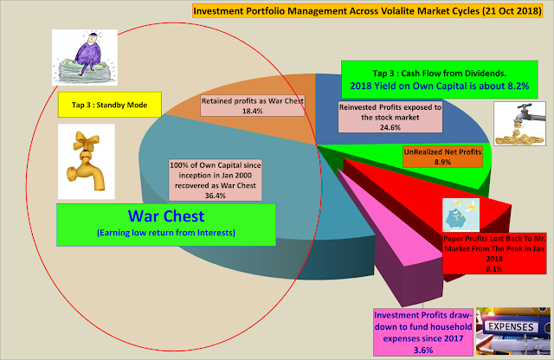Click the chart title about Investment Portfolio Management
[367, 10]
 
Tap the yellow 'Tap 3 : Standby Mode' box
[110, 105]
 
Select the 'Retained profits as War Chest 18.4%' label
[253, 106]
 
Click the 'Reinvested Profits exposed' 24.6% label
[390, 117]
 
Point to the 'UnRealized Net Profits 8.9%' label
[442, 157]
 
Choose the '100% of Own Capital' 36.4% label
[216, 180]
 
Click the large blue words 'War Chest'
[166, 216]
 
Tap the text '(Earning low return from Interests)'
[166, 233]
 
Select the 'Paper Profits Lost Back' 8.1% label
[494, 254]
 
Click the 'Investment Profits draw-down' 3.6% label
[423, 332]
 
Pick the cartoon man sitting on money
[85, 57]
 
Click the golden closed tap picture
[87, 162]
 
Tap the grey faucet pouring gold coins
[519, 124]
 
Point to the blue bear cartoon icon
[461, 215]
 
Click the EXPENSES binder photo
[513, 331]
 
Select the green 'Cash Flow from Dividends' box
[440, 80]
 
